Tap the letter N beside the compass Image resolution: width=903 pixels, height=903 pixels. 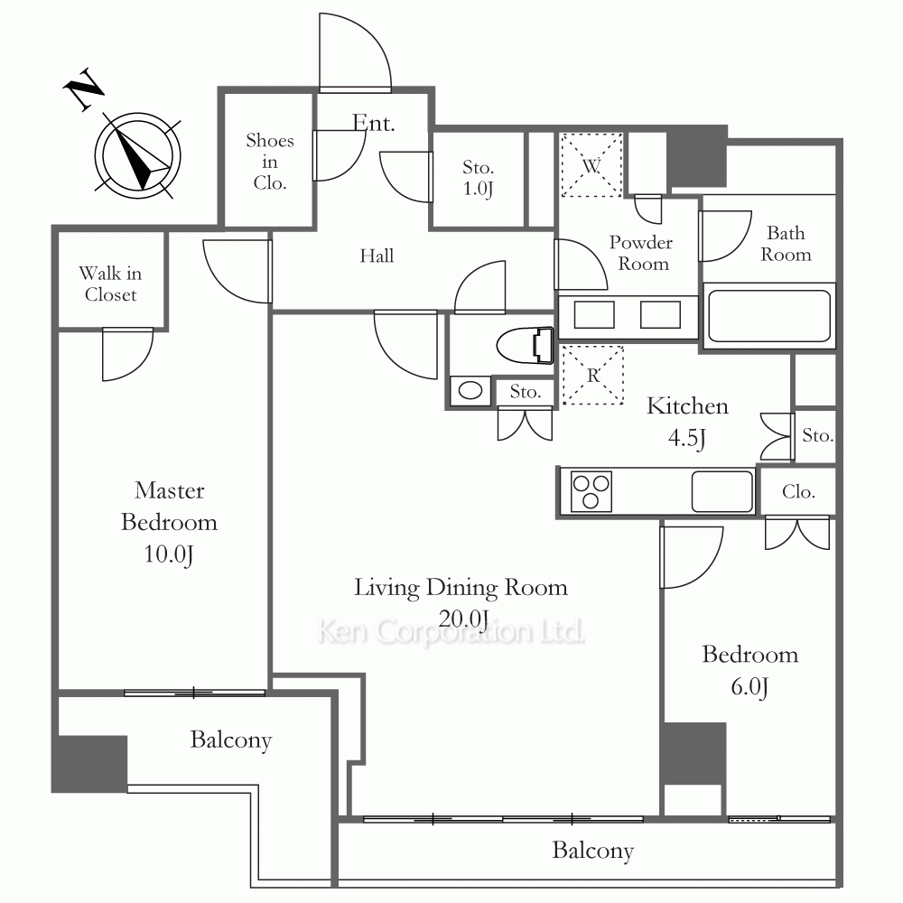pos(83,88)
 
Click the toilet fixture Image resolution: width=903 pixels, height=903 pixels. pos(525,346)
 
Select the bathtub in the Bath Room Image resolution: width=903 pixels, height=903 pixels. pos(768,315)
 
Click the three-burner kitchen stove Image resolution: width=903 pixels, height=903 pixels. pos(591,491)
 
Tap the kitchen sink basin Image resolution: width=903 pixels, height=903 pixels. pos(722,491)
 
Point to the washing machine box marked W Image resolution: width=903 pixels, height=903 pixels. pos(591,164)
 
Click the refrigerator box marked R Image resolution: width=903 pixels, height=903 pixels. pos(592,375)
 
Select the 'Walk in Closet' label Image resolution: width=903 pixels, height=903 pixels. pos(110,284)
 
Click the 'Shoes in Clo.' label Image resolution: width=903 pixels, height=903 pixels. pos(269,162)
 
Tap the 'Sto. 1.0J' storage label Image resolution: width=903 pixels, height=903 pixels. pos(478,178)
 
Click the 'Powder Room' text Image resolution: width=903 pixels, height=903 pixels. pos(641,252)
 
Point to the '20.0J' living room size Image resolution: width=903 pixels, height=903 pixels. pos(463,619)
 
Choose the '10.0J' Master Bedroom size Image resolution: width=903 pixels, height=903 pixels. pos(168,554)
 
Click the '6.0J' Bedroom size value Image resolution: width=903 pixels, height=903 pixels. pos(749,686)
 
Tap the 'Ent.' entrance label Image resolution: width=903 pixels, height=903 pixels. pos(373,123)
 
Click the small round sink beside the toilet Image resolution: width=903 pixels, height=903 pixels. pos(470,391)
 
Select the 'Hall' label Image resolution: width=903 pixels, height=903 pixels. pos(377,256)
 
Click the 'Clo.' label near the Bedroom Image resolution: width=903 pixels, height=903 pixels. pos(798,491)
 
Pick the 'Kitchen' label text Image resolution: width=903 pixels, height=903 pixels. pos(687,406)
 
